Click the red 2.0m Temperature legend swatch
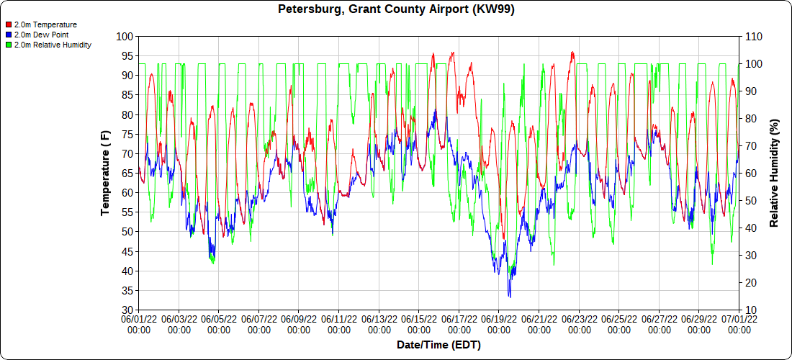point(9,24)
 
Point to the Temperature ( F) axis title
point(105,173)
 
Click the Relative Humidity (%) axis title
point(775,173)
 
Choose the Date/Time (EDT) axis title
point(438,345)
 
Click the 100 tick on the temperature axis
point(125,36)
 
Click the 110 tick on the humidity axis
point(753,36)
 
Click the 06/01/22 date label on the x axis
point(138,323)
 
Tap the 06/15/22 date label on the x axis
point(419,323)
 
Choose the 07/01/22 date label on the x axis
point(739,323)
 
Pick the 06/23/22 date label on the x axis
point(580,323)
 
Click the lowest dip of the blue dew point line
point(509,296)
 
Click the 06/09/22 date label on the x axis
point(299,323)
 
